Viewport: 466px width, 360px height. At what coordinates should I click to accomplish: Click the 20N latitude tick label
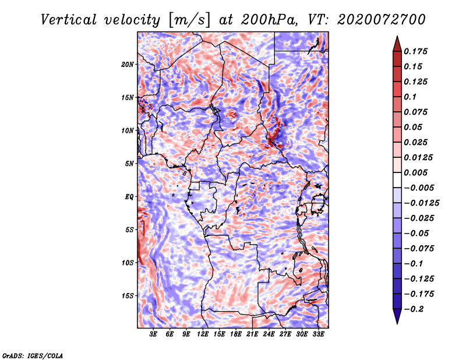(128, 65)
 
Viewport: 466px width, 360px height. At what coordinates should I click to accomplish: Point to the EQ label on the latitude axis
(129, 197)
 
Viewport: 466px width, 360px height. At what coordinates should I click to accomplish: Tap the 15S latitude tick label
(128, 296)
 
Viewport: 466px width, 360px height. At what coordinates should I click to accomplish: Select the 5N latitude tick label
(129, 164)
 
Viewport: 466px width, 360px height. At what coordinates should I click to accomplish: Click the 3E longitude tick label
(153, 334)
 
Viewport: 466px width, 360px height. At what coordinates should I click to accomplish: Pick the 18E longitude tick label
(236, 334)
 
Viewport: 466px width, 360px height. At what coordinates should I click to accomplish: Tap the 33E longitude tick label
(318, 334)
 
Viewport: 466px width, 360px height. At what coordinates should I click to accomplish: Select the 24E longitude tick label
(269, 334)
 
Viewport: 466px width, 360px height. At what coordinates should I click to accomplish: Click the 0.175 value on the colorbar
(415, 51)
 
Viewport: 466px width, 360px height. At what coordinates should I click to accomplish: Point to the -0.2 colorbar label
(414, 309)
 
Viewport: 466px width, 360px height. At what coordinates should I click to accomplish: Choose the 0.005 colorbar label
(415, 172)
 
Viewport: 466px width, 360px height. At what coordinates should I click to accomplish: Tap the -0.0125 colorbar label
(421, 203)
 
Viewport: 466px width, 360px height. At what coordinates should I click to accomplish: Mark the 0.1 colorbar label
(410, 97)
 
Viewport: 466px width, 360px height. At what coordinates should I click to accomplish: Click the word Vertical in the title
(69, 20)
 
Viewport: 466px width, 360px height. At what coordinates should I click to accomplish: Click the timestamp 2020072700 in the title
(382, 20)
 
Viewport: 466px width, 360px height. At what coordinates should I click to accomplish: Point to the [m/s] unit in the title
(189, 20)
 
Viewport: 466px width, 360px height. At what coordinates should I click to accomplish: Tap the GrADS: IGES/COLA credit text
(33, 355)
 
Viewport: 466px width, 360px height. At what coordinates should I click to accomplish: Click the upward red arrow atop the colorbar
(397, 44)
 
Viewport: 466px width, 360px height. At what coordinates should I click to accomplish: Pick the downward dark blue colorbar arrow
(397, 316)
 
